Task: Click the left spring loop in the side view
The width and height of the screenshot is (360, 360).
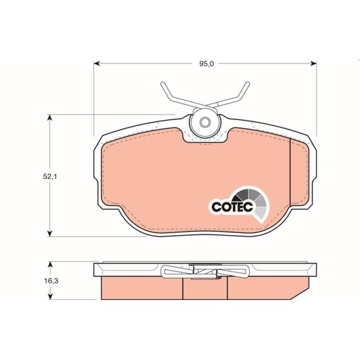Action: [x=172, y=272]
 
